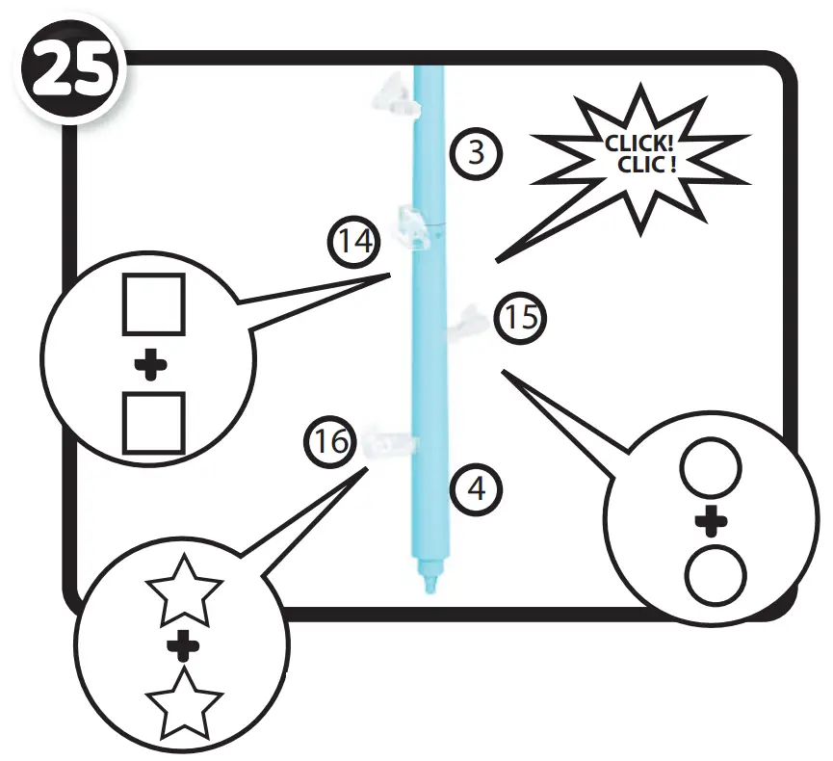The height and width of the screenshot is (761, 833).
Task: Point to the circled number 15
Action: (521, 318)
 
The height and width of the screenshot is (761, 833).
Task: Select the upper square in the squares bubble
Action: (151, 303)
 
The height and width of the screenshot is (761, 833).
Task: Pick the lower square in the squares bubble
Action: (153, 422)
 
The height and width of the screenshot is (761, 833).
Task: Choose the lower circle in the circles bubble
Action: (716, 574)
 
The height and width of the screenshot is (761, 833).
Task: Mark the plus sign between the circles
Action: (711, 523)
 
